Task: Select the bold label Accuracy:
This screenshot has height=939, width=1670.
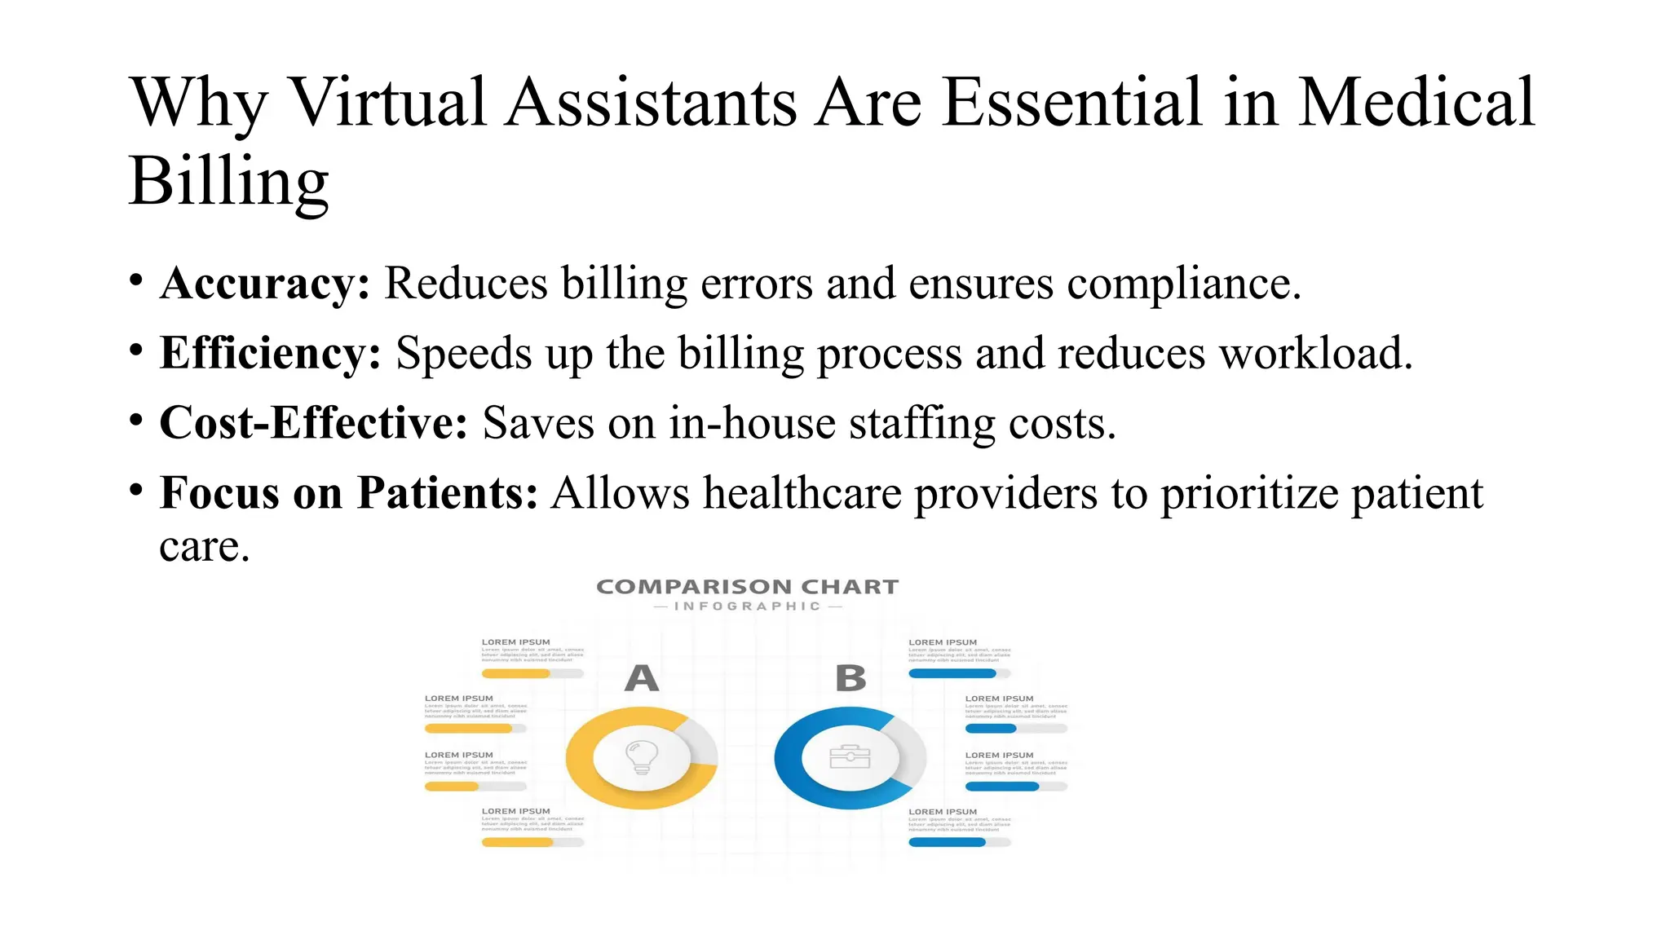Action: click(265, 284)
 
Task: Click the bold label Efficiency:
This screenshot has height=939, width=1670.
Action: click(270, 354)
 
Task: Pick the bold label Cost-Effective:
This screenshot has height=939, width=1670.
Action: click(313, 423)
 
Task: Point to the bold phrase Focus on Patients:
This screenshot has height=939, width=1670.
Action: click(348, 493)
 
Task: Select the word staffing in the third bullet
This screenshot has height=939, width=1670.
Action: click(922, 424)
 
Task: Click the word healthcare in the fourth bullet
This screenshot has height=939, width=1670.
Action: click(802, 493)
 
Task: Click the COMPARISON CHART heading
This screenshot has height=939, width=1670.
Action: click(747, 587)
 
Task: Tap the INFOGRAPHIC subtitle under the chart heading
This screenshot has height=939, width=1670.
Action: click(747, 606)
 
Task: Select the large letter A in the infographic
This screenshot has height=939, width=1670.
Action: click(642, 678)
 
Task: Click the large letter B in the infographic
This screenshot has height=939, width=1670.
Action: click(850, 678)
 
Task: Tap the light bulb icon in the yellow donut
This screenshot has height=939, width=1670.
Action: click(642, 757)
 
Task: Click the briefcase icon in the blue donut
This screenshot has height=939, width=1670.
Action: click(850, 757)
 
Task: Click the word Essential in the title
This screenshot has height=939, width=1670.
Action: click(1071, 103)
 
